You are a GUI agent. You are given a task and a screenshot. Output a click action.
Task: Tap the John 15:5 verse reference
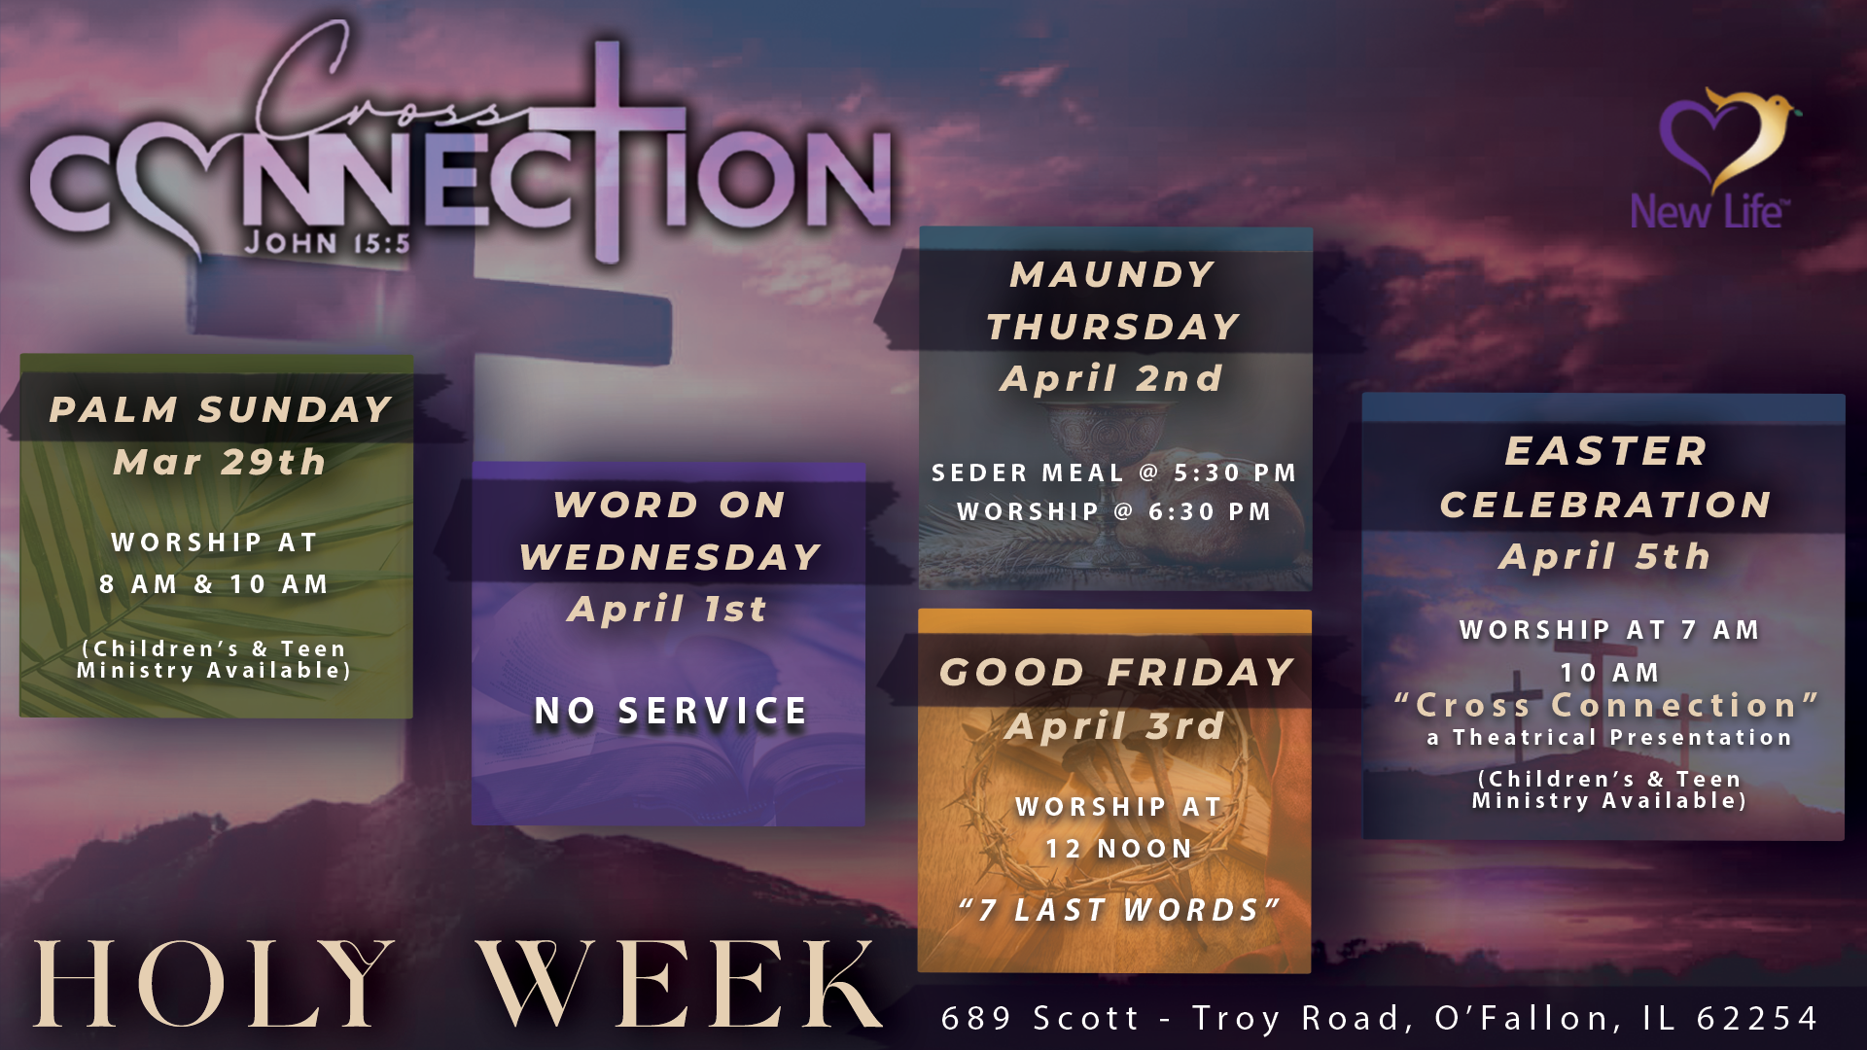[x=328, y=243]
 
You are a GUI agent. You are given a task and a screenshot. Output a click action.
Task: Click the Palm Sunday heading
[x=221, y=409]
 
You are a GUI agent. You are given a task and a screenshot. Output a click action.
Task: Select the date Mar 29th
[x=220, y=462]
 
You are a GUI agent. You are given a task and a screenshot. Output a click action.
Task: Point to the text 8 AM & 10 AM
[x=214, y=584]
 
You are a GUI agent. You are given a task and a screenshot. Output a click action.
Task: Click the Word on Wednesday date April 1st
[x=668, y=610]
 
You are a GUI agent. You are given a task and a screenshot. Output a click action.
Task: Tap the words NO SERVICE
[x=671, y=711]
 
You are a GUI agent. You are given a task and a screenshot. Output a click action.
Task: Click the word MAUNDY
[x=1112, y=274]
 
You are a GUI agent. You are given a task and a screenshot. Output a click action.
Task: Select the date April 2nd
[x=1111, y=378]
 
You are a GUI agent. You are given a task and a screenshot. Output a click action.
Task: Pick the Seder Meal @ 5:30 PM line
[x=1114, y=473]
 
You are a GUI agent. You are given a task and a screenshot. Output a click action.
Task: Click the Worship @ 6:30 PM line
[x=1114, y=512]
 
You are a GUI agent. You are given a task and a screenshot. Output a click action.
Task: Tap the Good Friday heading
[x=1116, y=672]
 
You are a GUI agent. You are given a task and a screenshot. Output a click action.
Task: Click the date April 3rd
[x=1115, y=726]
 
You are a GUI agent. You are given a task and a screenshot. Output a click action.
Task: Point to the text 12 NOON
[x=1119, y=849]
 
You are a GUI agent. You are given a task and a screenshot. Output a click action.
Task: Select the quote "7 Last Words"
[x=1118, y=910]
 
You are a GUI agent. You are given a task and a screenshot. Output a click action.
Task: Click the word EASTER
[x=1606, y=451]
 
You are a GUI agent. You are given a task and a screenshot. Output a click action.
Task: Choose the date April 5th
[x=1604, y=557]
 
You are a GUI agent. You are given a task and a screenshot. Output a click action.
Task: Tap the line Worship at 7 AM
[x=1610, y=630]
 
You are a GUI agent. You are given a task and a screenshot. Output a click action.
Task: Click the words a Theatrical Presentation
[x=1609, y=738]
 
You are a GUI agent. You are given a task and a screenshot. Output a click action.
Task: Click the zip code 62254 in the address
[x=1757, y=1018]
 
